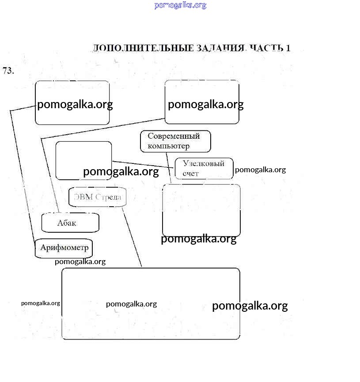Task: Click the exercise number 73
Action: [x=8, y=71]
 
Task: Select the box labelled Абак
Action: [x=70, y=223]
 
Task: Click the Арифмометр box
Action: [x=64, y=248]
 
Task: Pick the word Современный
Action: [x=174, y=136]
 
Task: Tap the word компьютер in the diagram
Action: [x=168, y=146]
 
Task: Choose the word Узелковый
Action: [x=204, y=163]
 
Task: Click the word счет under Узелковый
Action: [x=190, y=174]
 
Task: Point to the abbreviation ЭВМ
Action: [x=83, y=197]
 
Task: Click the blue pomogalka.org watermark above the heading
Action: [x=180, y=5]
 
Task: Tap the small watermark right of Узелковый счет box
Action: [x=260, y=170]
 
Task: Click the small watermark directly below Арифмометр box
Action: [x=80, y=261]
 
